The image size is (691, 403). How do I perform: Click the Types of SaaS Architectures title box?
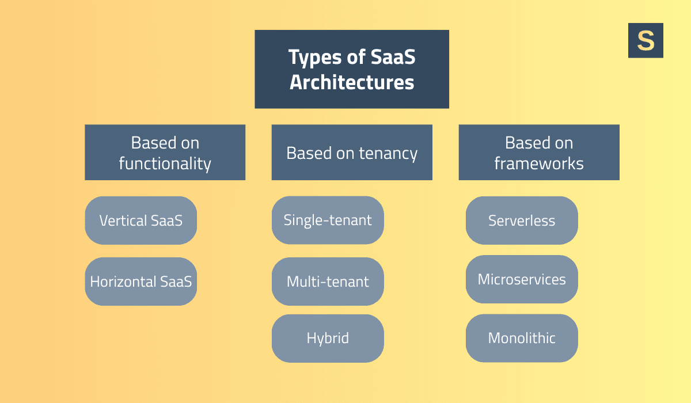(x=351, y=69)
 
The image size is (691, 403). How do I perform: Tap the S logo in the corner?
(x=646, y=40)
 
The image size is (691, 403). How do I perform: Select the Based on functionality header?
(x=165, y=153)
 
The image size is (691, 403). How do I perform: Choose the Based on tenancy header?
(x=351, y=153)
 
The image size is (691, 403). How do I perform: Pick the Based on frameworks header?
(x=539, y=153)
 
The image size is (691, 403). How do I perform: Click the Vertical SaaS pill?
(x=141, y=220)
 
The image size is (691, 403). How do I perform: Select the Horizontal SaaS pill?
(x=141, y=282)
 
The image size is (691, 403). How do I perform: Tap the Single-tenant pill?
(x=328, y=220)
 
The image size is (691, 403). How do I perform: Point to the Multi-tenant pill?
(x=328, y=282)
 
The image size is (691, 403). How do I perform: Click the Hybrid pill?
(x=328, y=338)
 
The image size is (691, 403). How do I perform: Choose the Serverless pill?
(x=522, y=220)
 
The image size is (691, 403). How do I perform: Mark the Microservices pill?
(x=522, y=279)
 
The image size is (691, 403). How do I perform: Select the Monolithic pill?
(x=522, y=338)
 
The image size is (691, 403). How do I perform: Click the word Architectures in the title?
(x=351, y=82)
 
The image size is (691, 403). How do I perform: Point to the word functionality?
(x=165, y=164)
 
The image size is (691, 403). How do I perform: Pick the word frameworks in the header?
(x=539, y=164)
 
